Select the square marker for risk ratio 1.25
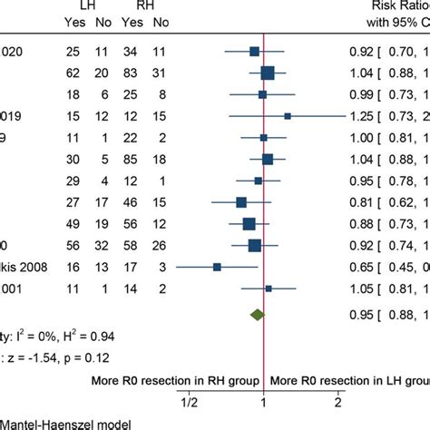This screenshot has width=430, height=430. click(288, 116)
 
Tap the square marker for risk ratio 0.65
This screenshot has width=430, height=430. click(217, 267)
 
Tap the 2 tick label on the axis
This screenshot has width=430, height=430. click(337, 400)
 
